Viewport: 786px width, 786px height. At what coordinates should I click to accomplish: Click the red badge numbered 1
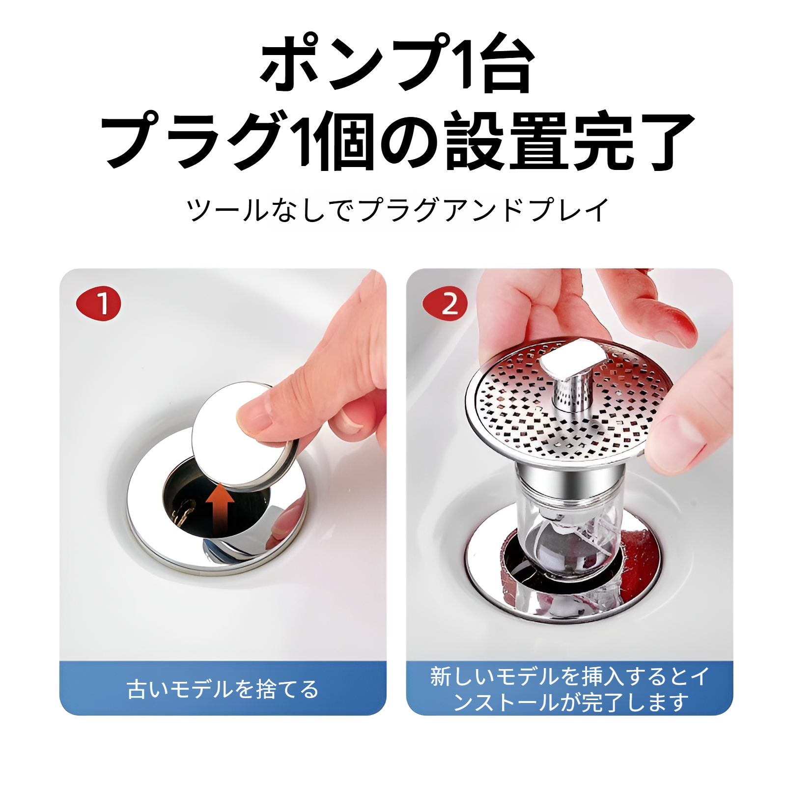[x=98, y=303]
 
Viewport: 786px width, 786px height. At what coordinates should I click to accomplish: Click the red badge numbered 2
[x=445, y=303]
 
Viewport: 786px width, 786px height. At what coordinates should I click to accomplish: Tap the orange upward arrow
[x=220, y=508]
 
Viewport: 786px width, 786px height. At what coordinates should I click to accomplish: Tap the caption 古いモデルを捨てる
[x=223, y=689]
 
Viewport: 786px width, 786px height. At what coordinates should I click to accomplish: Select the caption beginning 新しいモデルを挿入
[x=569, y=689]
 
